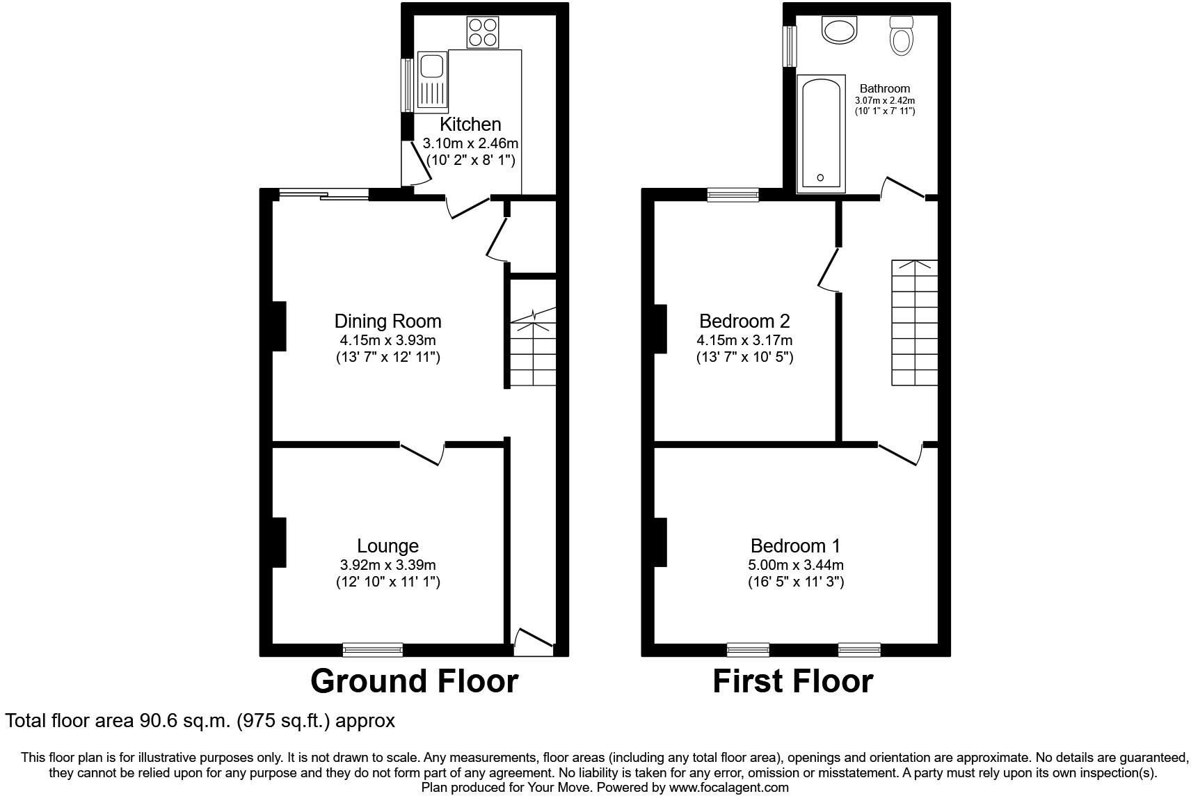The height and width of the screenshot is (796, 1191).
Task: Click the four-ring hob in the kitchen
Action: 483,32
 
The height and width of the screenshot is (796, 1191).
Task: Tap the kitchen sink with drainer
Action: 432,81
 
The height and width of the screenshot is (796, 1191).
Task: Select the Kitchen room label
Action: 470,125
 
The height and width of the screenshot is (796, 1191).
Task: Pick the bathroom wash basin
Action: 840,30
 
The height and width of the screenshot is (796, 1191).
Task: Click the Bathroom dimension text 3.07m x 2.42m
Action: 885,100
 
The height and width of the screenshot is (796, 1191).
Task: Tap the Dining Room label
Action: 387,321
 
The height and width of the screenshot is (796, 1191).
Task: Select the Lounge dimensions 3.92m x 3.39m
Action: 387,565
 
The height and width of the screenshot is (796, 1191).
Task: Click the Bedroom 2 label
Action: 744,321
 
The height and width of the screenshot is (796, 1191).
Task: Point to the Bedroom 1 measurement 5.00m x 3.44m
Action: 796,565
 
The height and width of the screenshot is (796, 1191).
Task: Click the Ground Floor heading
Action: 414,681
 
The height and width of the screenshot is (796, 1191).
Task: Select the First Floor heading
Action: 792,681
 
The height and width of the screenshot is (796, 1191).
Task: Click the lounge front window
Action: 373,649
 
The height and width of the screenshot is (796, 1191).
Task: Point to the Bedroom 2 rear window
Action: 733,195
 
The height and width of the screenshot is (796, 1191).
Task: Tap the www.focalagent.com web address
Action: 728,787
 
